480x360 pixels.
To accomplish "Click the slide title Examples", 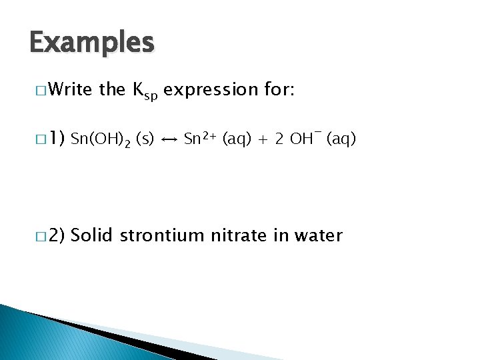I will (92, 43).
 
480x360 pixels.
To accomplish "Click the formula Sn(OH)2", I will (100, 140).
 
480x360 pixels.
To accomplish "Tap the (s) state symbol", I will (145, 139).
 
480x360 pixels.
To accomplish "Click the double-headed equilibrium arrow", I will (169, 140).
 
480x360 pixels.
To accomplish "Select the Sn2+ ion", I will (199, 139).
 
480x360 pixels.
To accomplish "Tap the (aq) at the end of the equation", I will (341, 139).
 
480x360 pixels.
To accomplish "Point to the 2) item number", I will (56, 235).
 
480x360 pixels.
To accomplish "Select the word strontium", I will (164, 235).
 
